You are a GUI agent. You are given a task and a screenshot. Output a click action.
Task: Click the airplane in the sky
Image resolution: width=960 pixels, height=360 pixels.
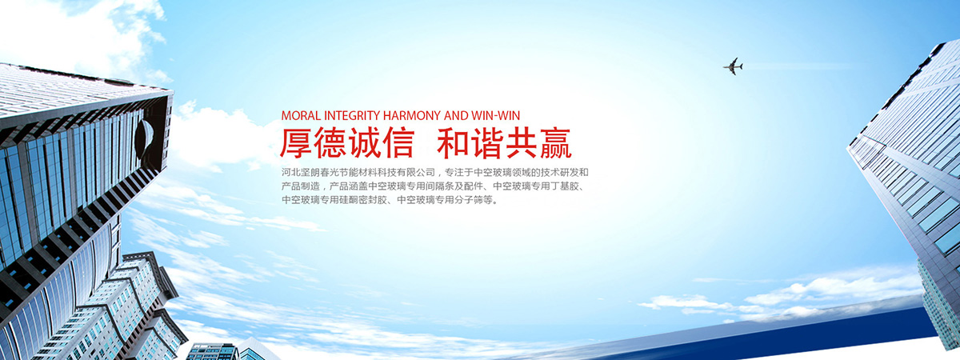(x=734, y=66)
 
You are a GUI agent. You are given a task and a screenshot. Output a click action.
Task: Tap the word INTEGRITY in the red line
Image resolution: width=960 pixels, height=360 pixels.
(x=352, y=116)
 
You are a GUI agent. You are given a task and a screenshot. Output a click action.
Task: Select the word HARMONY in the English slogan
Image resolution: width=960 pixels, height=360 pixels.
(x=412, y=116)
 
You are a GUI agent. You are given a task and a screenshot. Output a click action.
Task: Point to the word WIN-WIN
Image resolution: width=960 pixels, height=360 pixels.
(x=496, y=116)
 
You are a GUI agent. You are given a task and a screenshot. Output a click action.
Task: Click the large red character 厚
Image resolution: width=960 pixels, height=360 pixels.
(x=296, y=143)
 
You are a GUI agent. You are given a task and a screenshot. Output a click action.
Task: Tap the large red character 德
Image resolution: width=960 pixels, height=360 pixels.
(x=330, y=143)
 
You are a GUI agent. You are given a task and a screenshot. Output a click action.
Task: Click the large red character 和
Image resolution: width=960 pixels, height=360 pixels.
(x=454, y=143)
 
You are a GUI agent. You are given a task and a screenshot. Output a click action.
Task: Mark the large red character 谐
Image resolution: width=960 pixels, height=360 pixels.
(x=488, y=143)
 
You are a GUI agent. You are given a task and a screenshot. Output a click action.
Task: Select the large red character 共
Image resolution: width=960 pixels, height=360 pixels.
(x=522, y=143)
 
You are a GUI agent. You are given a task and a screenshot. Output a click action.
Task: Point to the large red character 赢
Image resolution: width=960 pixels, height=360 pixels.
(x=556, y=143)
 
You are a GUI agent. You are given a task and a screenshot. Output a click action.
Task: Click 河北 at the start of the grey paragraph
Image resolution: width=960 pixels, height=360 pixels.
(x=291, y=173)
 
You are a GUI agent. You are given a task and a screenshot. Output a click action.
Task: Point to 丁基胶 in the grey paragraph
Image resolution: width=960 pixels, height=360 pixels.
(x=565, y=186)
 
